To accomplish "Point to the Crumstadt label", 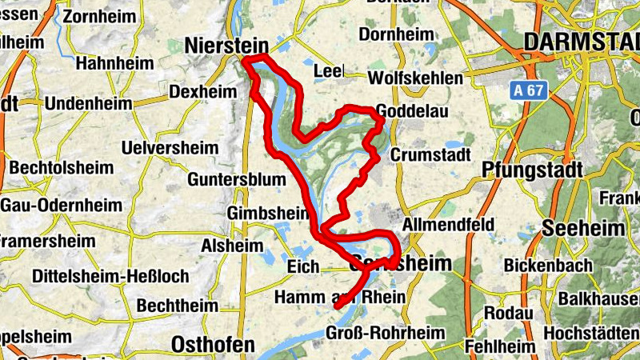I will [x=430, y=154].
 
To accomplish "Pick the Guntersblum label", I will [x=236, y=179].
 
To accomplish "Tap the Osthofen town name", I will [x=213, y=345].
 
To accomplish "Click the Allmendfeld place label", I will [x=448, y=225].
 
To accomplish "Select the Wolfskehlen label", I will [x=415, y=78].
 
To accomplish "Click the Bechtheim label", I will [x=178, y=306].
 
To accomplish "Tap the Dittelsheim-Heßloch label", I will [x=111, y=276].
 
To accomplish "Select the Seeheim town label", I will [x=583, y=228].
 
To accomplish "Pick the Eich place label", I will [x=304, y=266].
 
